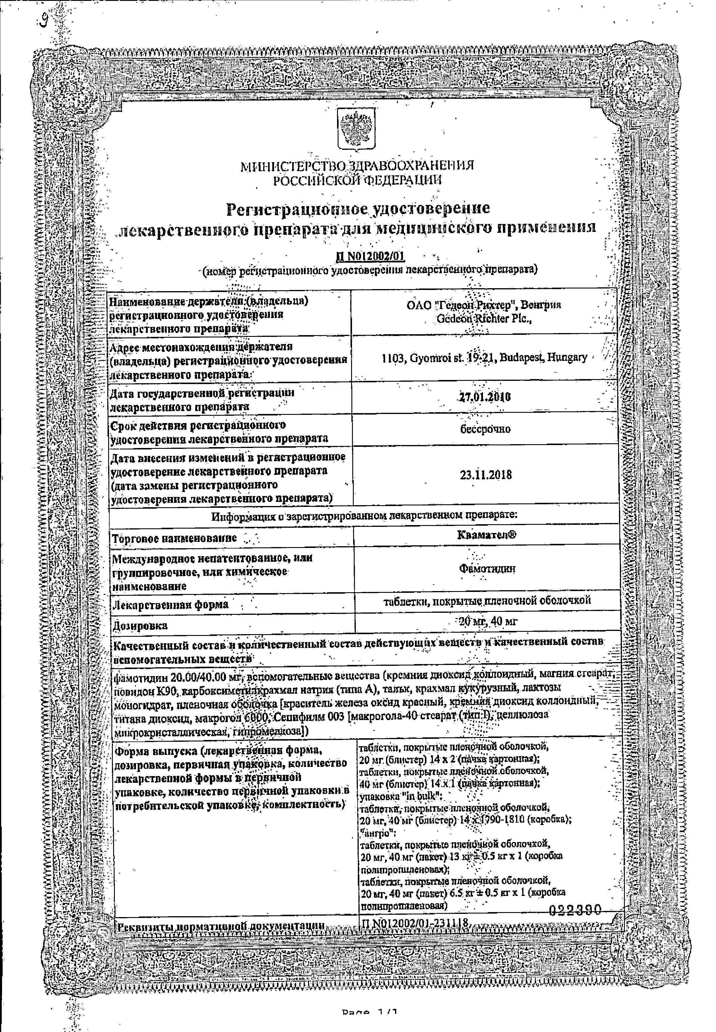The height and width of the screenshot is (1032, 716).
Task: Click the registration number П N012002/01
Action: (370, 256)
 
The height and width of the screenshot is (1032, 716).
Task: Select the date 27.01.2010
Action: (485, 397)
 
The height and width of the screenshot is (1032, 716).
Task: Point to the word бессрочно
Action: (485, 429)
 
